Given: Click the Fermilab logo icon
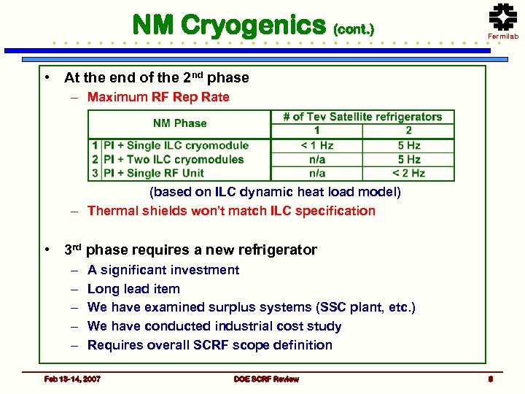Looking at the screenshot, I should click(x=502, y=18).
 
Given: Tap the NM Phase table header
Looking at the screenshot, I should click(x=180, y=123).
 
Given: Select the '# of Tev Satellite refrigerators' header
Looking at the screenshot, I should click(x=362, y=117).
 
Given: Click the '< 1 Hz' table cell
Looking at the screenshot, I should click(x=317, y=145).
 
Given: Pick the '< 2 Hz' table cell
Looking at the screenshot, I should click(x=408, y=173).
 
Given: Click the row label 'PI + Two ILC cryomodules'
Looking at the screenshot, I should click(x=174, y=159).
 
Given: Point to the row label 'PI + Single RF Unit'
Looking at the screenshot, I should click(x=154, y=173).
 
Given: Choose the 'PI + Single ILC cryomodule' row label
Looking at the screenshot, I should click(x=176, y=145).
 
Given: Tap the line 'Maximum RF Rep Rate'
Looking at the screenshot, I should click(x=158, y=97).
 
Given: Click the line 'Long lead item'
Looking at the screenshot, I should click(x=133, y=289).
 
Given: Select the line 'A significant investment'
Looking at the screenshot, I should click(x=163, y=270).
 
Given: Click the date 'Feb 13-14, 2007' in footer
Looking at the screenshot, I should click(x=72, y=379).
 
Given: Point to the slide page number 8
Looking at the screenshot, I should click(x=491, y=379).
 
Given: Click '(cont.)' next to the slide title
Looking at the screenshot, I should click(x=353, y=30).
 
